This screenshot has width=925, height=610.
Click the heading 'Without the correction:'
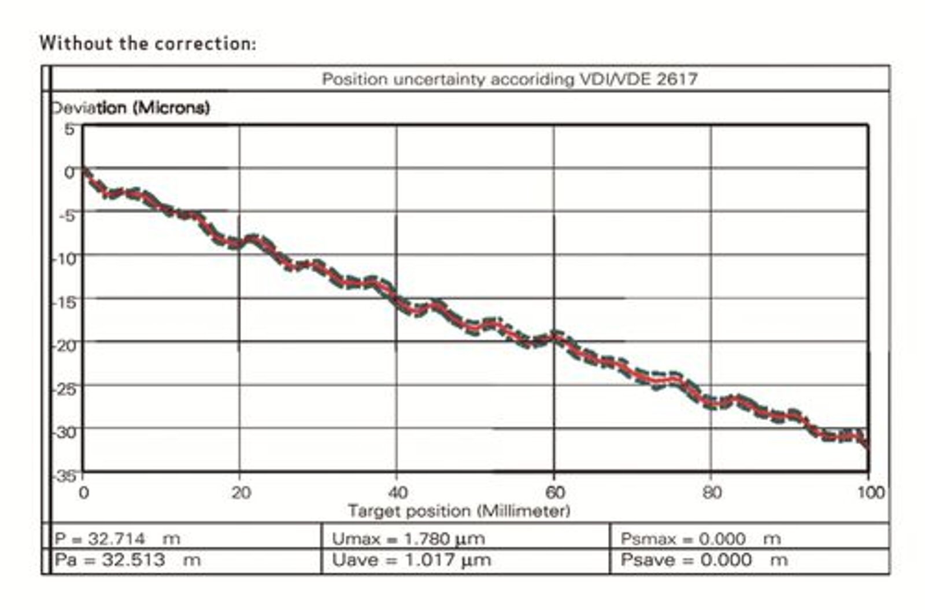(x=147, y=43)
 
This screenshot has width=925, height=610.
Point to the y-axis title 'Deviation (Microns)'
(x=131, y=108)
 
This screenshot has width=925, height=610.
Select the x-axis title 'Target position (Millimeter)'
(x=458, y=511)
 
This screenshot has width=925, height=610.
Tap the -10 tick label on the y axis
(x=65, y=258)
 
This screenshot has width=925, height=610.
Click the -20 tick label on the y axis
(x=65, y=345)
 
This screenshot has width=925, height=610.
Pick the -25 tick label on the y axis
(x=65, y=389)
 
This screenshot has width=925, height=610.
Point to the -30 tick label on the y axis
(x=65, y=432)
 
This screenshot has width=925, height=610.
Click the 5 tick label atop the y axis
(x=69, y=129)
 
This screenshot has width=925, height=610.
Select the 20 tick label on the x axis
(x=240, y=493)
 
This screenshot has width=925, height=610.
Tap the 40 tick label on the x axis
(x=398, y=493)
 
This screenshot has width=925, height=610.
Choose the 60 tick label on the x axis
(x=555, y=493)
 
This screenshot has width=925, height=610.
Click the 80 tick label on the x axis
(x=712, y=493)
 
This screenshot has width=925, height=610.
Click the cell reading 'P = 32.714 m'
(x=117, y=539)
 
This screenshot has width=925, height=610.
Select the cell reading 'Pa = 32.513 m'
(x=127, y=560)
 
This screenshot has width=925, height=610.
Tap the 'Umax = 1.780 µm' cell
(x=408, y=539)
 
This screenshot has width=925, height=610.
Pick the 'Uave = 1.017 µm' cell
(x=411, y=560)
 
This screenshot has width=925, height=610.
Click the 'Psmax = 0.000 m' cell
(x=700, y=539)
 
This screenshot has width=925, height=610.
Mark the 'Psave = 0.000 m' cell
(x=704, y=560)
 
